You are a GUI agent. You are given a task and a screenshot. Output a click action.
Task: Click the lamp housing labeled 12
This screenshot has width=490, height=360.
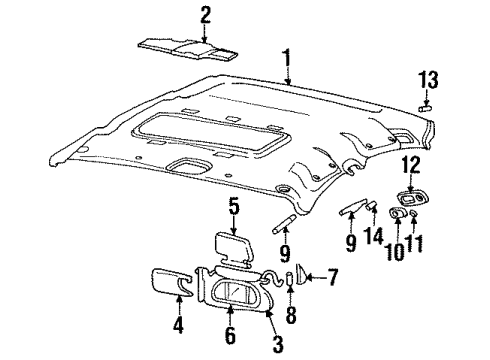coord(410,201)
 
